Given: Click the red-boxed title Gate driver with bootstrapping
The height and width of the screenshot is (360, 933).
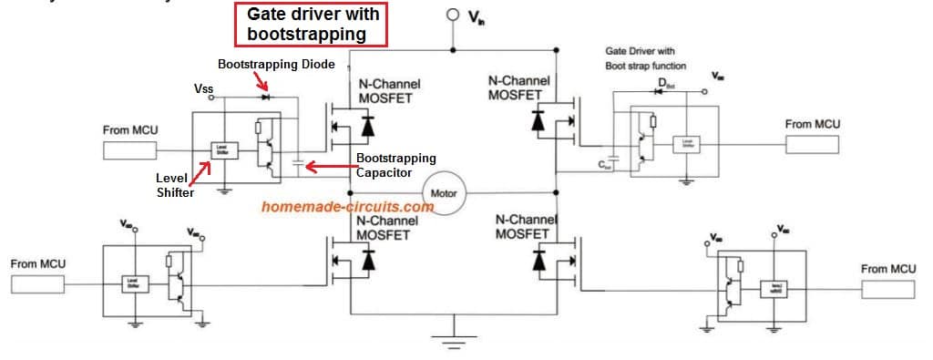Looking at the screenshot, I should (309, 25).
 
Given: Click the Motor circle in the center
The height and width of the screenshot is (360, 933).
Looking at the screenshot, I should (444, 193).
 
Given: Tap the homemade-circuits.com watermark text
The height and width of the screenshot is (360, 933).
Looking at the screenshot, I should (347, 207).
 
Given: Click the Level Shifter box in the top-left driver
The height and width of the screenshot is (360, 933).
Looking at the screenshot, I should (222, 150).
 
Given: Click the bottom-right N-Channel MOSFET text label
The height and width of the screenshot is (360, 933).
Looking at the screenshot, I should (522, 227).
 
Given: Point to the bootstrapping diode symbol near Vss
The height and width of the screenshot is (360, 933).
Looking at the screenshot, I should (266, 96).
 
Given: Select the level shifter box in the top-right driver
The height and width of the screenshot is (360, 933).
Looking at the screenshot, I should (686, 144).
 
